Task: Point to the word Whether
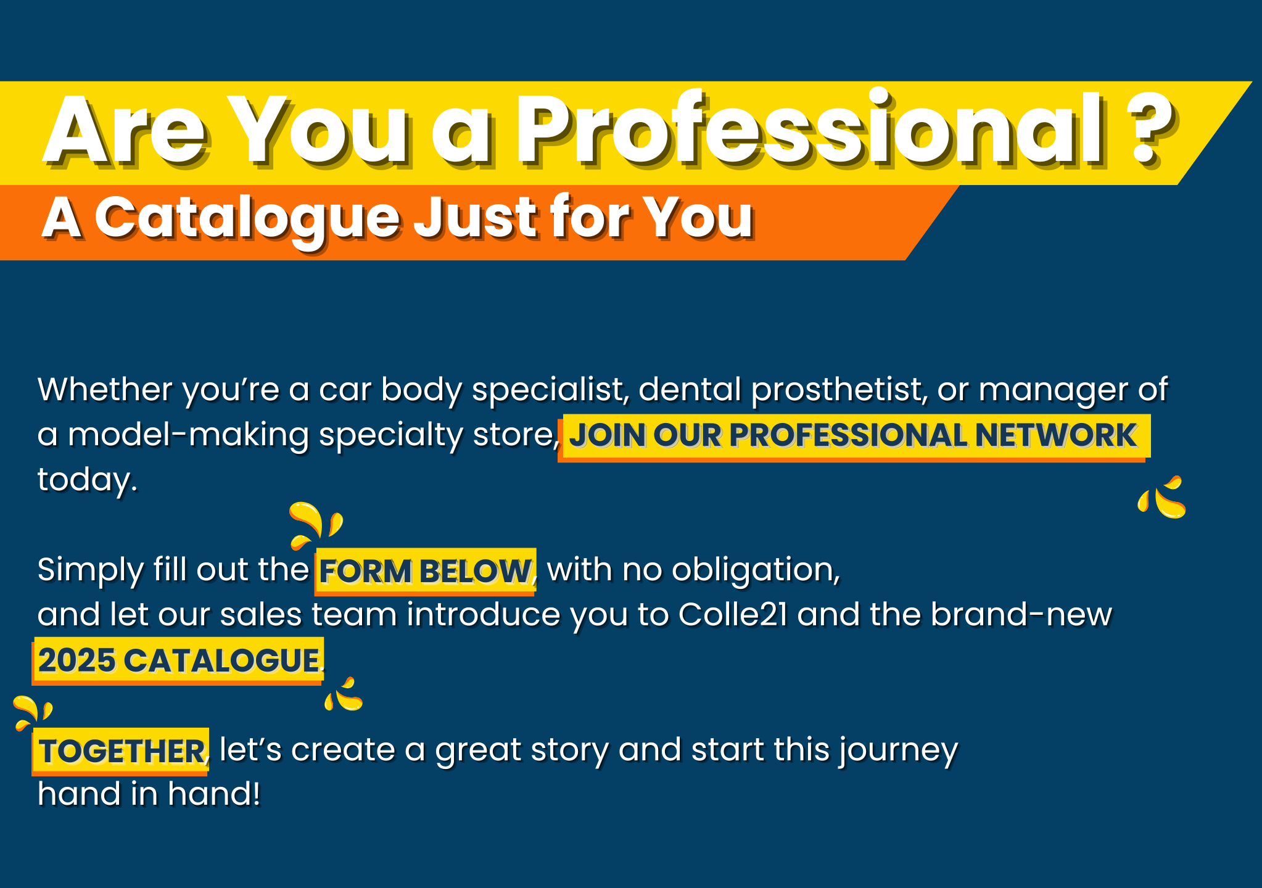(105, 389)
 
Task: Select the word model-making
(188, 435)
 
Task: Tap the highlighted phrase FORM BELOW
(425, 571)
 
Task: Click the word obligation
(756, 570)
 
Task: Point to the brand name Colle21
(733, 614)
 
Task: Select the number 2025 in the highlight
(76, 660)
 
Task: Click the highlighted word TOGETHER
(122, 751)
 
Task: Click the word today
(87, 480)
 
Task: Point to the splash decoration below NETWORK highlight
(1161, 497)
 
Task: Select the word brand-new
(1021, 614)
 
